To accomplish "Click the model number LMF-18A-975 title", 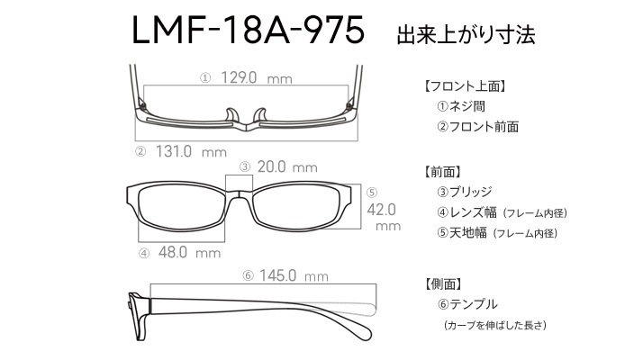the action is click(248, 30).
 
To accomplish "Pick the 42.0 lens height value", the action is click(381, 210).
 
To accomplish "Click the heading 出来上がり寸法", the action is click(466, 35).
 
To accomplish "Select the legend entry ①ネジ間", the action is click(461, 106).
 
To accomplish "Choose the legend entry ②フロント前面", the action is click(477, 126).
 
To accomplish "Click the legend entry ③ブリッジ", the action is click(464, 192).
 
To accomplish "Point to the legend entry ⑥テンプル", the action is click(467, 304).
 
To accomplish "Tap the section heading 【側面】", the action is click(444, 283).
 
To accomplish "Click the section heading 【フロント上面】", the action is click(465, 86).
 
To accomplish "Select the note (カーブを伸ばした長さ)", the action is click(495, 325).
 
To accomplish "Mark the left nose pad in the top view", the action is click(231, 115).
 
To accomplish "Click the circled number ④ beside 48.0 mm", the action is click(144, 254).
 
